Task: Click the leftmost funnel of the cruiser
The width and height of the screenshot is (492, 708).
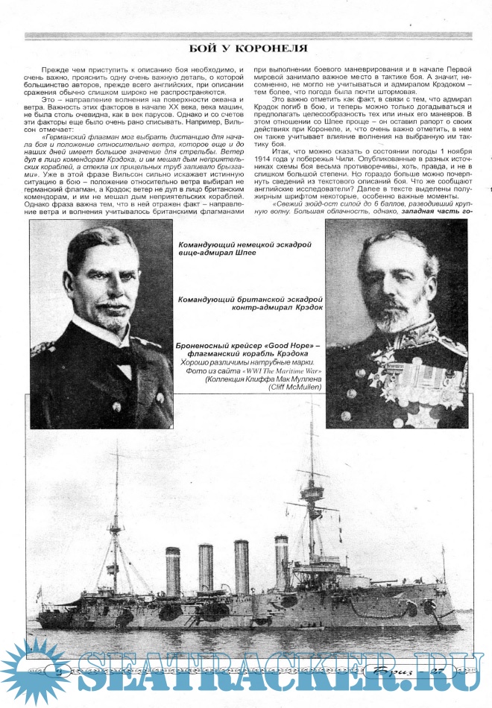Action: [x=173, y=570]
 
